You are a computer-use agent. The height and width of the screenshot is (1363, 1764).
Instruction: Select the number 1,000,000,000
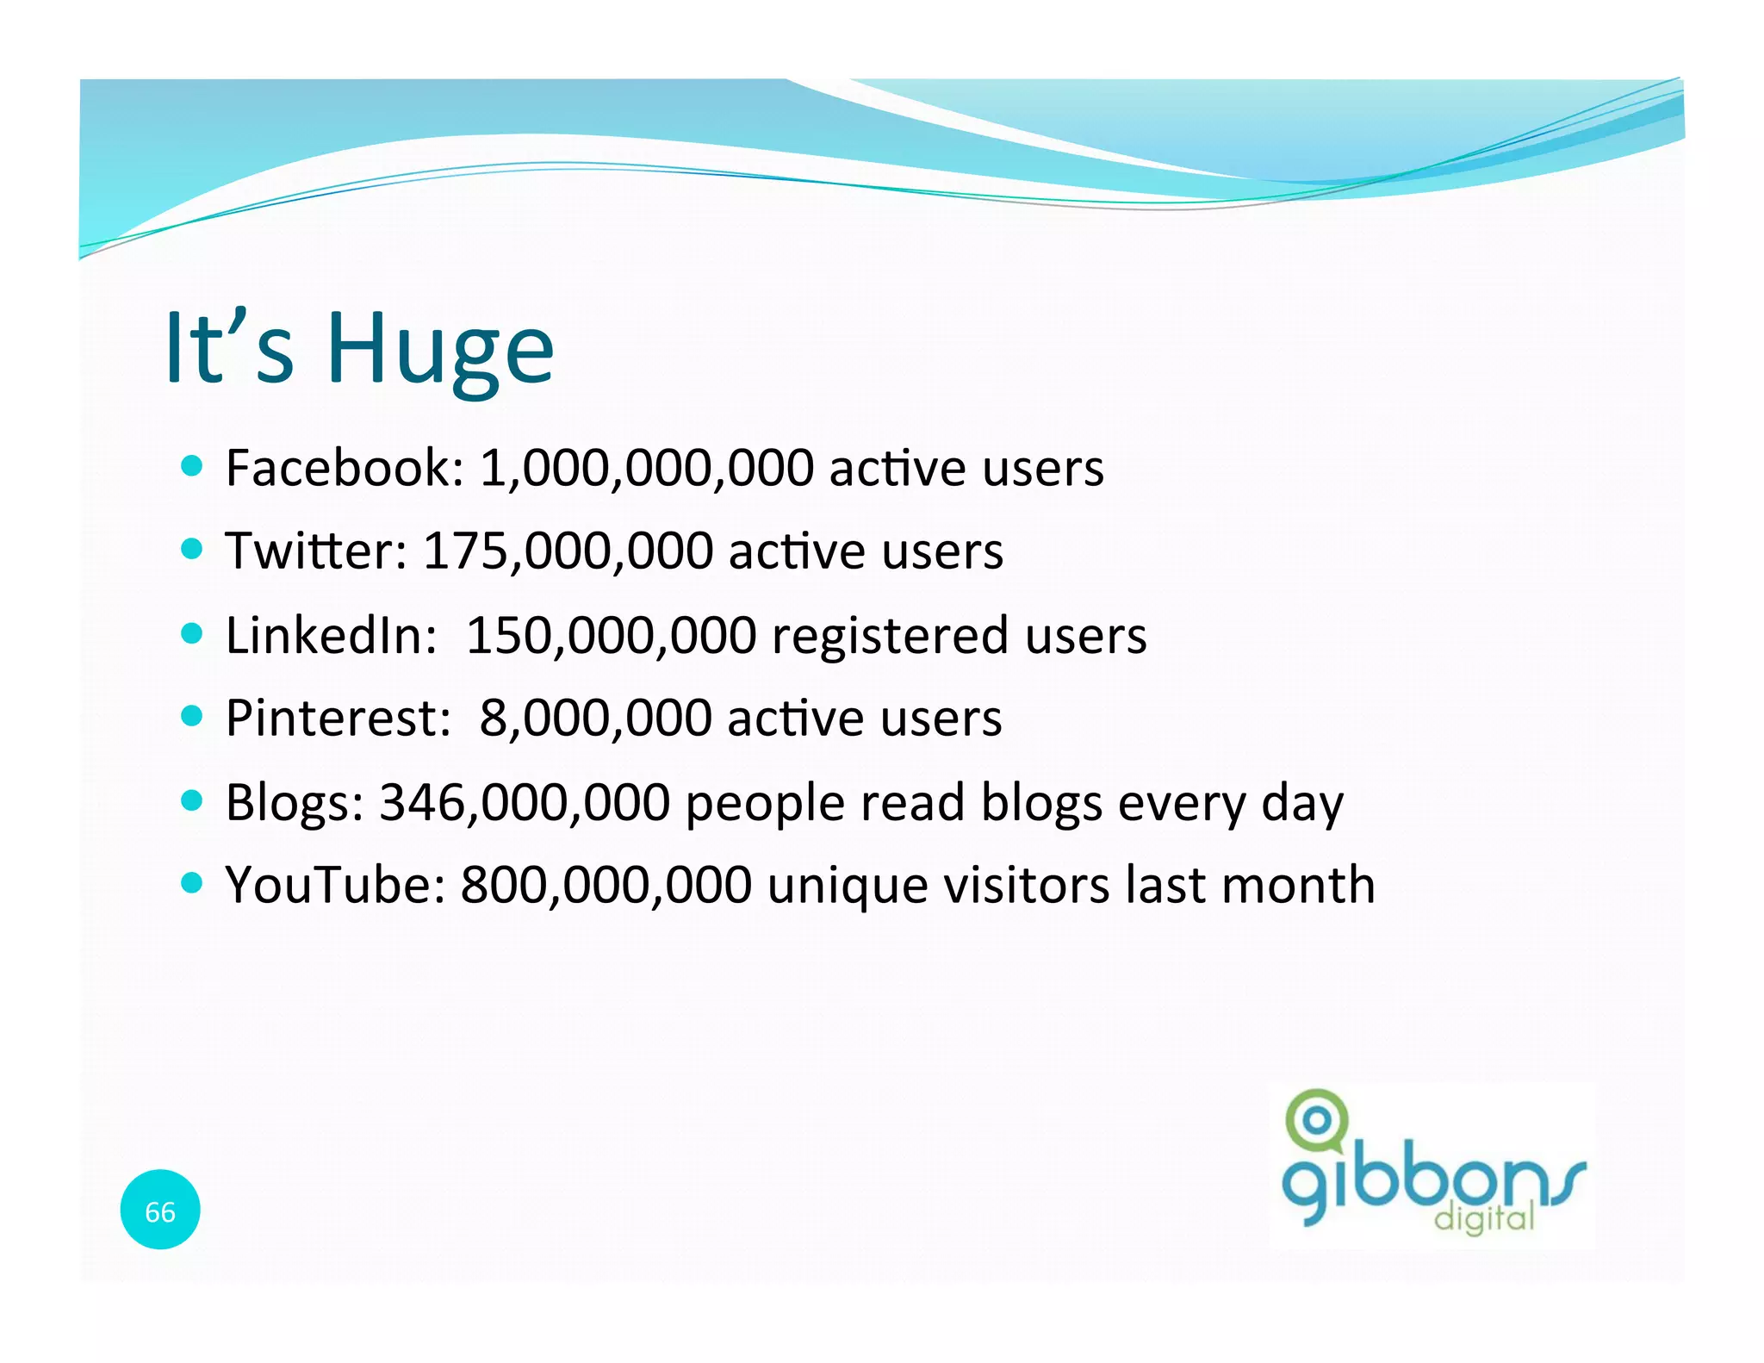[646, 468]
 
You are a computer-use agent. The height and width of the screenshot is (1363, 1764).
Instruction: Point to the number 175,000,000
[568, 551]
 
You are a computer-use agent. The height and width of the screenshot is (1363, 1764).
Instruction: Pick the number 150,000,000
[611, 635]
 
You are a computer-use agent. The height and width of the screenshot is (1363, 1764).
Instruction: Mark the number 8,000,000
[595, 718]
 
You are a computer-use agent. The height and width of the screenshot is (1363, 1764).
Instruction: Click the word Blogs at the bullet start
[295, 802]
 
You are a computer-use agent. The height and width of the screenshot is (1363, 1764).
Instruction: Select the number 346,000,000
[525, 802]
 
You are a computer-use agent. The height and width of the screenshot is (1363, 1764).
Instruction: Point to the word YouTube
[335, 885]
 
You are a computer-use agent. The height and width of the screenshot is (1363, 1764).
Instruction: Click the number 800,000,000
[606, 885]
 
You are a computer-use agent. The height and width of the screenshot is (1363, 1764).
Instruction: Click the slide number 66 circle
[160, 1211]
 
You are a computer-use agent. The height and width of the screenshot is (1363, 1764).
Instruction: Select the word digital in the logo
[1483, 1218]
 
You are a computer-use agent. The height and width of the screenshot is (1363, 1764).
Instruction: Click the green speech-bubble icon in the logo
[1315, 1120]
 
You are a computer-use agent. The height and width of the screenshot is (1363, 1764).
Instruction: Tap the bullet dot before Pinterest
[192, 716]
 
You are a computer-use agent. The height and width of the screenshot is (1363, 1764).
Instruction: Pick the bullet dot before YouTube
[192, 883]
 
